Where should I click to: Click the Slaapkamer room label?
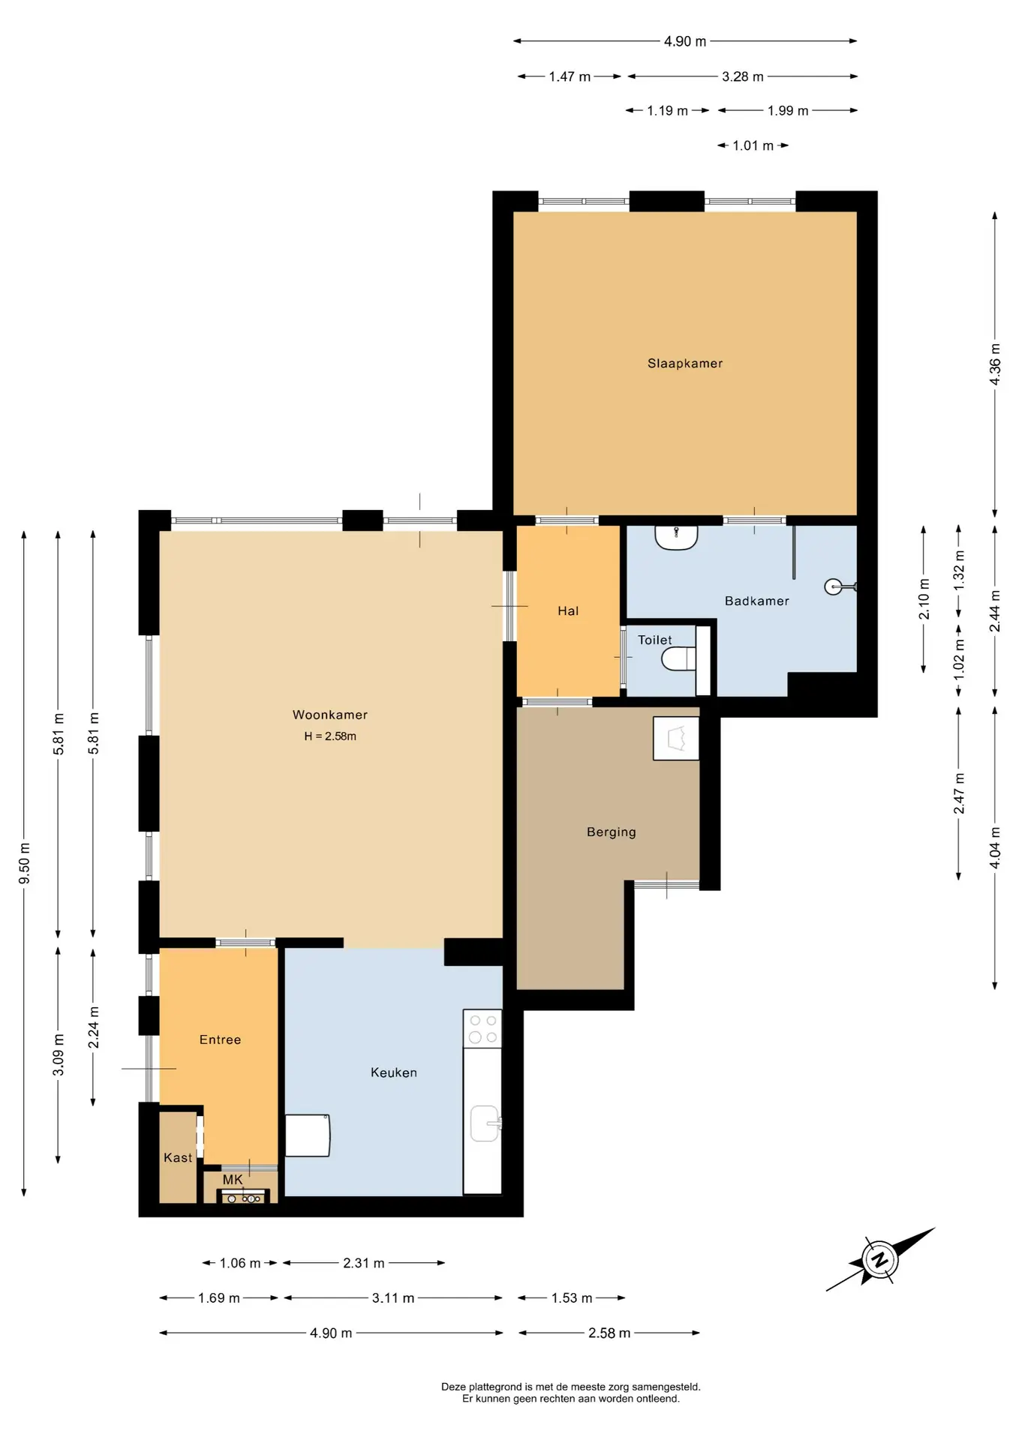(685, 364)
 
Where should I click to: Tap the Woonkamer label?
(330, 715)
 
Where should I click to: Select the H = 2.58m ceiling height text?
(330, 736)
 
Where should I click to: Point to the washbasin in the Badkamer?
(676, 537)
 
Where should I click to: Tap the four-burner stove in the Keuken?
(482, 1028)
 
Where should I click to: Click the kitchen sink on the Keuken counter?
(485, 1123)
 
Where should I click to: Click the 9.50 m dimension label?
(25, 863)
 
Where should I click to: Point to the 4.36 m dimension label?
(995, 364)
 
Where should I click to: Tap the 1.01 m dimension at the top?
(753, 145)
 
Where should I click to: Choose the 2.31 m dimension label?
(364, 1263)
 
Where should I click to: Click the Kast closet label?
(178, 1158)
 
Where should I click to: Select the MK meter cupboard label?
(233, 1180)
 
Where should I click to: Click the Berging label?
(612, 832)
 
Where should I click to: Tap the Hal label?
(568, 611)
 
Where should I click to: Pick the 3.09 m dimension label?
(59, 1054)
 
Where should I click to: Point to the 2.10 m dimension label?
(924, 599)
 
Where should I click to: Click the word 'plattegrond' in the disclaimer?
(500, 1387)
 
